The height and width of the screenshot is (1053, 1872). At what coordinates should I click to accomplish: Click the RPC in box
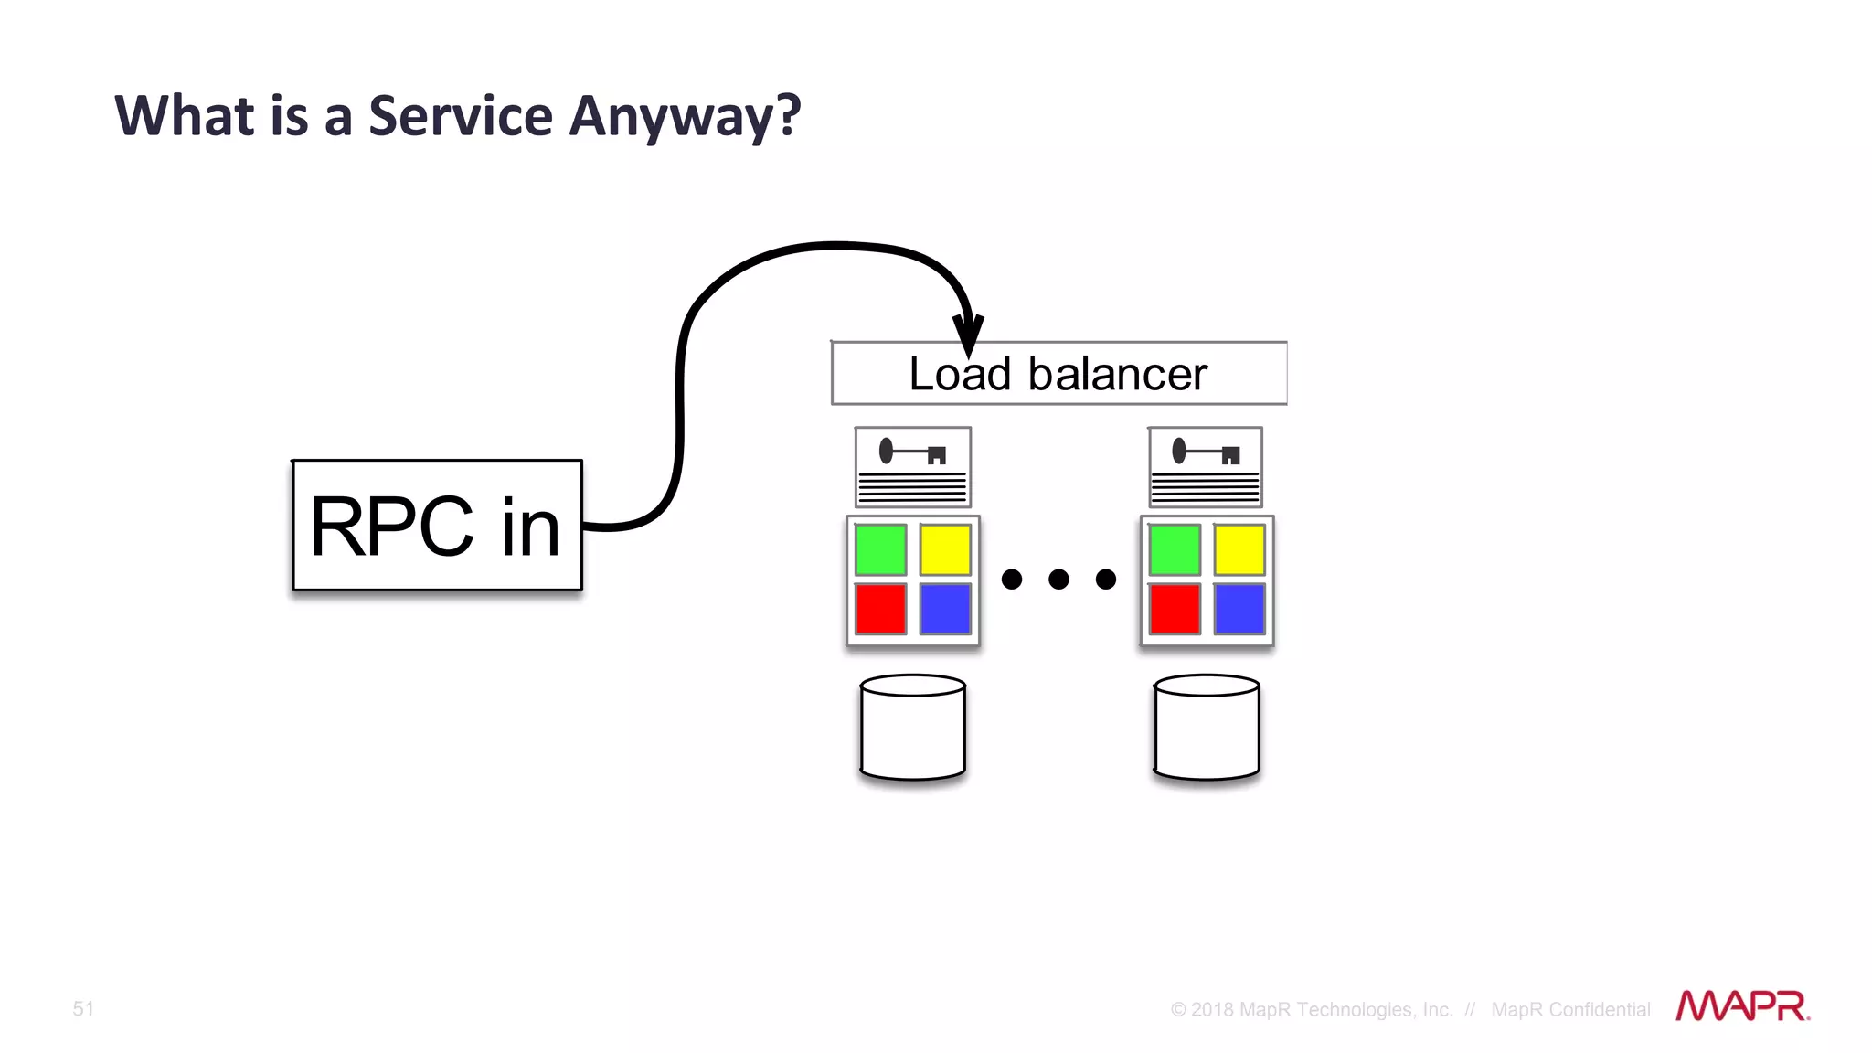click(x=437, y=526)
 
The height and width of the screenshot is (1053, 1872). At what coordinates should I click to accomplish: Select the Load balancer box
click(x=1058, y=374)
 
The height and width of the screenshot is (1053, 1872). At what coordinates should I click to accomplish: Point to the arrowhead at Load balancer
click(x=968, y=335)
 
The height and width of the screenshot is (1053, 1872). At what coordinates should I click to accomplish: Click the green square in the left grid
click(x=880, y=549)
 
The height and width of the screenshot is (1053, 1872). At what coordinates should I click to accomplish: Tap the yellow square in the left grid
click(x=945, y=549)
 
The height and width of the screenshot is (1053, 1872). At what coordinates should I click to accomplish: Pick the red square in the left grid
click(x=880, y=609)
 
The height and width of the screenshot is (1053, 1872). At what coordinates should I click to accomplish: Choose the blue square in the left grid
click(x=945, y=609)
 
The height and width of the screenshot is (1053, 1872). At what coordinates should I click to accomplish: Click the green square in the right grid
click(x=1175, y=549)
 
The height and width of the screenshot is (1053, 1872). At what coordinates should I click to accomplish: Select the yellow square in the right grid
click(x=1239, y=549)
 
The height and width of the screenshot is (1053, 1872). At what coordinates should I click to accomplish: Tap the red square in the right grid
click(x=1175, y=609)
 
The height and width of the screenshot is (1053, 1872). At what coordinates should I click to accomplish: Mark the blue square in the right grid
click(x=1239, y=609)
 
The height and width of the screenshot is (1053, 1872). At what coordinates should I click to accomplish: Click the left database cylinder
click(x=913, y=728)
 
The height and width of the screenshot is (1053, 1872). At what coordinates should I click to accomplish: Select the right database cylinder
click(x=1207, y=728)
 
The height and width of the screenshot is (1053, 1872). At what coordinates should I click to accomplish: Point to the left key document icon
click(x=913, y=467)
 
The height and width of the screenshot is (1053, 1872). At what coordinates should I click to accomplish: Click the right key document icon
click(x=1206, y=467)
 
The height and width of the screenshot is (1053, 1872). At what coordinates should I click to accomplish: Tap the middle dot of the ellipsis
click(x=1058, y=579)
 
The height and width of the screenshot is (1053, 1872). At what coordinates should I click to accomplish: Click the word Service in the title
click(x=461, y=116)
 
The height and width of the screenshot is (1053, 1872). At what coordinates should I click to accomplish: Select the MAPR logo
click(x=1742, y=1005)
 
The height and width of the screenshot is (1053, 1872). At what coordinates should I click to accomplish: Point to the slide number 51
click(x=83, y=1008)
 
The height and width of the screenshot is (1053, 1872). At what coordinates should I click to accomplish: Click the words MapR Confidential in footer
click(x=1570, y=1009)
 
